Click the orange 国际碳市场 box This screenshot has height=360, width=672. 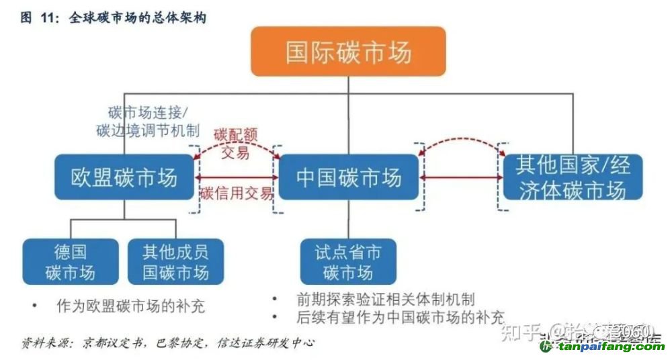pyautogui.click(x=348, y=52)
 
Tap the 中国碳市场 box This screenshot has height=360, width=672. pyautogui.click(x=348, y=177)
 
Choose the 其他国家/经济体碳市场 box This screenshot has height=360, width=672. pyautogui.click(x=573, y=177)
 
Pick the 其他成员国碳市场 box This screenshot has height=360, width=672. pyautogui.click(x=175, y=262)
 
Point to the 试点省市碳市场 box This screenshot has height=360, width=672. pyautogui.click(x=348, y=262)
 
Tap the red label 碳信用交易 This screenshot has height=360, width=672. pyautogui.click(x=237, y=193)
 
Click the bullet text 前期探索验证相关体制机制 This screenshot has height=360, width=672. pyautogui.click(x=386, y=299)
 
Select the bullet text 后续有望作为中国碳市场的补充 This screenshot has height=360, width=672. pyautogui.click(x=401, y=316)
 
